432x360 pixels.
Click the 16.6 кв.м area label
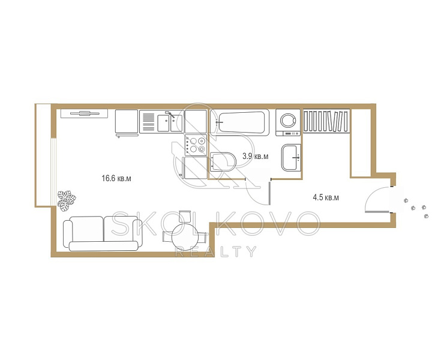[116, 178]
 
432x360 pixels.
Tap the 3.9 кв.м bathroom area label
[255, 157]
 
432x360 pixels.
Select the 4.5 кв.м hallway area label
[326, 197]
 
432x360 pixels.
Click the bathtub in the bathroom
[239, 122]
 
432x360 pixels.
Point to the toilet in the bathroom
[223, 162]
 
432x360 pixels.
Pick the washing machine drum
[288, 121]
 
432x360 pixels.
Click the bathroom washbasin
[291, 158]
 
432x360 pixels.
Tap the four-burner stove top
[196, 145]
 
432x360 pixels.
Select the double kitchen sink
[170, 123]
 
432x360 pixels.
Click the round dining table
[185, 236]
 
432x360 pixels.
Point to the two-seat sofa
[103, 233]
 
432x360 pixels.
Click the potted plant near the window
[67, 201]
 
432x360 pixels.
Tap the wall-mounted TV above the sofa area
[85, 113]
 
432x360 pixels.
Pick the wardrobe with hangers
[326, 121]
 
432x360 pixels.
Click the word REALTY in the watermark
[216, 251]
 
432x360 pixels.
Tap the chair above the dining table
[185, 216]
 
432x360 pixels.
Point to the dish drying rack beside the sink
[149, 122]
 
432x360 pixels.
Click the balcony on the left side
[43, 155]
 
